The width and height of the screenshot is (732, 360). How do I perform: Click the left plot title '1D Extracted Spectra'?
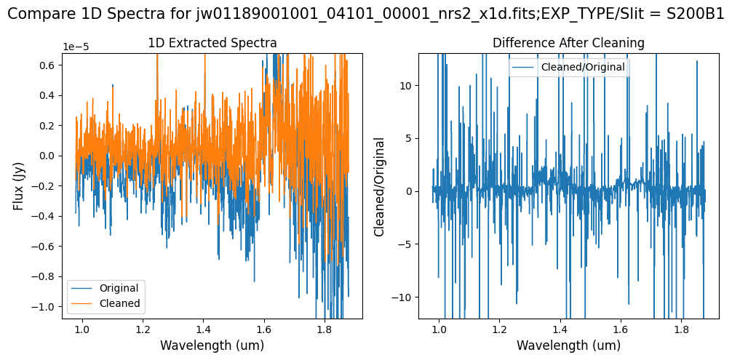coord(212,44)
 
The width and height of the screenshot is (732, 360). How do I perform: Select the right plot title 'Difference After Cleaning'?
coord(568,44)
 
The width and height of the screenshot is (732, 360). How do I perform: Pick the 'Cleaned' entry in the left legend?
coord(120,303)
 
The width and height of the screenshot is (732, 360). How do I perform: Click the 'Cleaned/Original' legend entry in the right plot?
coord(582,67)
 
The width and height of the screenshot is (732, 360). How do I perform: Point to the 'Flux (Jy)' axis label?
coord(19,185)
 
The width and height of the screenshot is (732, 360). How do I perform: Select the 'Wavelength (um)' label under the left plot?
coord(212,345)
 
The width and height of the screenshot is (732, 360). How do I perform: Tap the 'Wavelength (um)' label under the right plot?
coord(568,345)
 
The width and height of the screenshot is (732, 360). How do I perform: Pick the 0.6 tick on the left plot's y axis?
coord(48,65)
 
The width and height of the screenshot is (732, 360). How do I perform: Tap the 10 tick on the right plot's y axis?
coord(406,85)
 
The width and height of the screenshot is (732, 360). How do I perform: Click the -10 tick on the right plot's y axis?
coord(403,297)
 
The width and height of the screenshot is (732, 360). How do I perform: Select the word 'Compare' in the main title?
coord(36,15)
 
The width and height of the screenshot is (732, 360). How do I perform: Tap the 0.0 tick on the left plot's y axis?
coord(48,156)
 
